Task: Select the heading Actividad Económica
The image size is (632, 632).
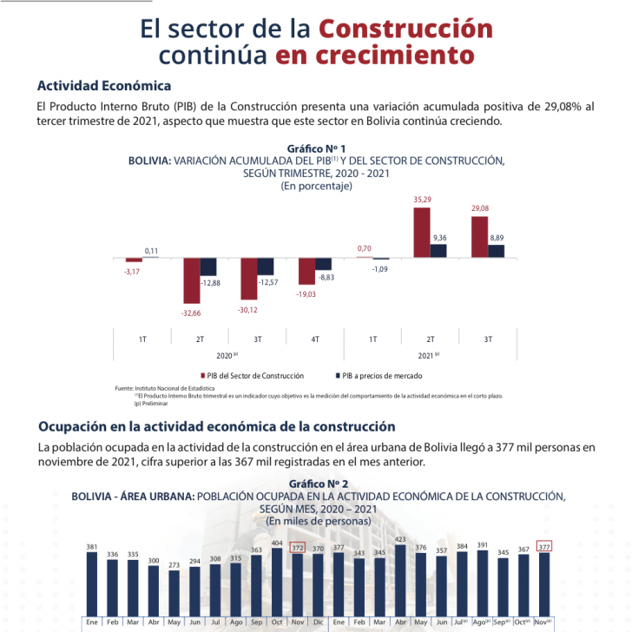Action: point(104,86)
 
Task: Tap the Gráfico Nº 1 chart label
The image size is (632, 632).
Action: point(316,148)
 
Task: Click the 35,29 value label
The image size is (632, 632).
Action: point(421,200)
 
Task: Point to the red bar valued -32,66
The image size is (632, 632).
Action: point(191,280)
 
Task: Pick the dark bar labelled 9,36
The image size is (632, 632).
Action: point(438,251)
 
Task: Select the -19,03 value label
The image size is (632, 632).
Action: point(306,294)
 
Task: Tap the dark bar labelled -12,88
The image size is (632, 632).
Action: point(208,267)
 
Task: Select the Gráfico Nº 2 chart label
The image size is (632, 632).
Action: point(317,483)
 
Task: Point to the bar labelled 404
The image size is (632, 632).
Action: point(277,582)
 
